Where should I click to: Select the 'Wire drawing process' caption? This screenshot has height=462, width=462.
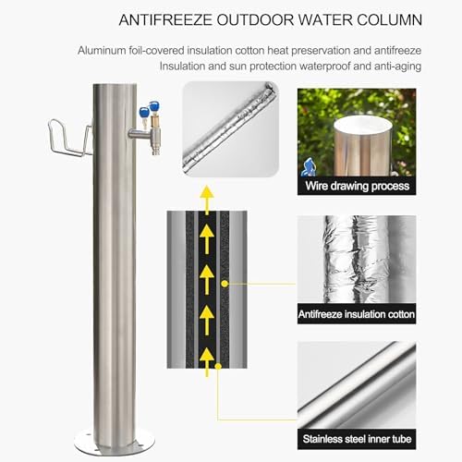(x=356, y=186)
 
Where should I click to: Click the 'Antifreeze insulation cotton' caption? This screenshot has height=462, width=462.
(x=356, y=314)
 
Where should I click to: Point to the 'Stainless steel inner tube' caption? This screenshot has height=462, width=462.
(x=356, y=438)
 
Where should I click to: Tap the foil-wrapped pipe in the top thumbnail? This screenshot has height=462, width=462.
(x=229, y=127)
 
